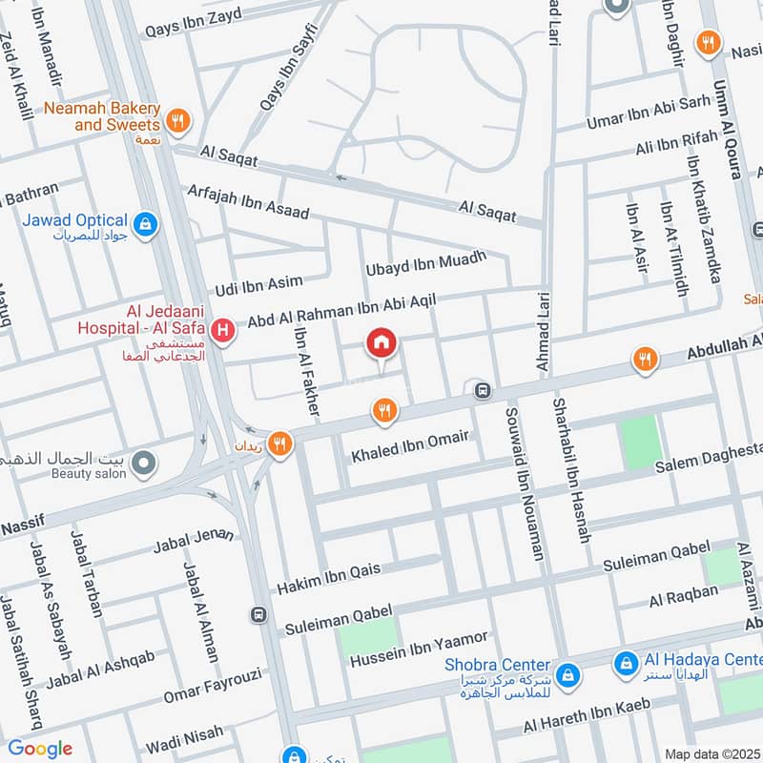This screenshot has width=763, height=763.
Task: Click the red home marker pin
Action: coord(381,342)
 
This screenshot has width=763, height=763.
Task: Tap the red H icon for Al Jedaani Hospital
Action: coord(223,331)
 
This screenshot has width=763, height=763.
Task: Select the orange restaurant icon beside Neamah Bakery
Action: coord(176,121)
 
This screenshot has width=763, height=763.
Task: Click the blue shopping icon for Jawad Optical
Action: coord(145,224)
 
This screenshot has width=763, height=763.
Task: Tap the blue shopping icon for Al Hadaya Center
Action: coord(626,661)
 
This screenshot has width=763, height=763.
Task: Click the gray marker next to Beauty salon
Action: coord(143,464)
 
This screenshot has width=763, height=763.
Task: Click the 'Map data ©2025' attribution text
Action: coord(712,753)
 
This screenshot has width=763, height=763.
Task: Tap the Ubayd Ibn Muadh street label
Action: coord(426,264)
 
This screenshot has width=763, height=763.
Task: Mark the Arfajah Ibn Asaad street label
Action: coord(249,201)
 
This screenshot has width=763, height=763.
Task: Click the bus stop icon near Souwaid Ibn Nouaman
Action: coord(483,390)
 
